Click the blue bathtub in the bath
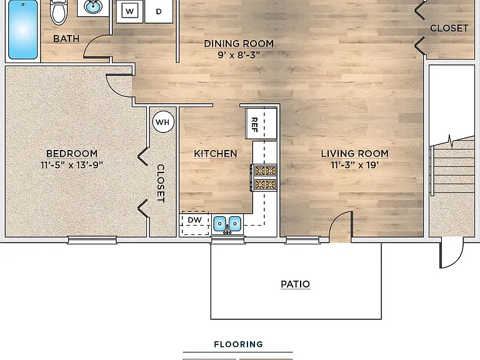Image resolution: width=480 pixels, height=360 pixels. tap(23, 30)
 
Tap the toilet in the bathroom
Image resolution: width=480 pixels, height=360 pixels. tap(59, 12)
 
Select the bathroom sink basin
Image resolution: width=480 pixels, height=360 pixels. tap(93, 7)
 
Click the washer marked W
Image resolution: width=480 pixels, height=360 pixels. tap(129, 12)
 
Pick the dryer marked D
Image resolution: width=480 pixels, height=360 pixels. tap(159, 12)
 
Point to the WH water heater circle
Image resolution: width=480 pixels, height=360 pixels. tap(163, 122)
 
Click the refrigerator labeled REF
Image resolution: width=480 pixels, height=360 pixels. tap(261, 124)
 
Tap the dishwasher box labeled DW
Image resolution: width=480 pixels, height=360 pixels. tap(195, 223)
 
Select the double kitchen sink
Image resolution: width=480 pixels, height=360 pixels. tap(227, 224)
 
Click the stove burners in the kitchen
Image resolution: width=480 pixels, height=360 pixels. tap(264, 178)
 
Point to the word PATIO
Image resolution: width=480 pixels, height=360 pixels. tap(295, 284)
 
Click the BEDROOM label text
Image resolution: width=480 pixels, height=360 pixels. tap(72, 153)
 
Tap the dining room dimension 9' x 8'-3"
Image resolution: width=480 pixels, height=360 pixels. tap(239, 55)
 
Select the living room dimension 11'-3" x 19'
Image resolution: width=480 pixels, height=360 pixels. tap(355, 165)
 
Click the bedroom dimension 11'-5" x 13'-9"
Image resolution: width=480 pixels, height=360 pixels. tap(72, 165)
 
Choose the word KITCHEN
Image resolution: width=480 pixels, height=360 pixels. tap(216, 153)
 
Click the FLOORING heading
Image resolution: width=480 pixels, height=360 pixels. tap(239, 344)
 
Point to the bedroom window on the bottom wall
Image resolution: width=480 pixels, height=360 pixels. tap(92, 240)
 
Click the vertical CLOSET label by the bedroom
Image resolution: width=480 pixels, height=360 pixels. tap(161, 183)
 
